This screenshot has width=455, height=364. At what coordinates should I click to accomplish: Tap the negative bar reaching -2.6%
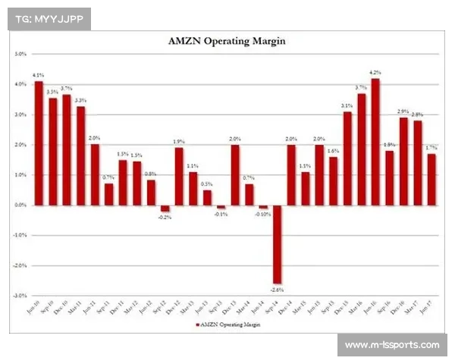pos(278,243)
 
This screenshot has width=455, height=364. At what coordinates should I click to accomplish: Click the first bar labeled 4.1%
pos(39,143)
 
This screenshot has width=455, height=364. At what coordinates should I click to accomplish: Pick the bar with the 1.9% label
pos(179,176)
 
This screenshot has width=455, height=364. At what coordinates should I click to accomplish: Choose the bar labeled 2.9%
pos(403,161)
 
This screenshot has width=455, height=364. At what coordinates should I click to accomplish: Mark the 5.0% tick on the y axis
pos(20,55)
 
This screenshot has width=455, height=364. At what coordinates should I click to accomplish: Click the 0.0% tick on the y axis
pos(20,205)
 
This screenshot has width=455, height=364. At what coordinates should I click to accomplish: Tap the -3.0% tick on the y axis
pos(20,295)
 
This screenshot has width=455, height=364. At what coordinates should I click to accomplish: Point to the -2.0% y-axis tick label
pos(20,265)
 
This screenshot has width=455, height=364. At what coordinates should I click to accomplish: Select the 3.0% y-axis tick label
pos(20,115)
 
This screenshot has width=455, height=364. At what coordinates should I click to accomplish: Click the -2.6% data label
pos(278,289)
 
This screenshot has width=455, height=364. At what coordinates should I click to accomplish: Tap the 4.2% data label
pos(375,73)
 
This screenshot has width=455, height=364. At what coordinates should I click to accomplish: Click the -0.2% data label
pos(165,217)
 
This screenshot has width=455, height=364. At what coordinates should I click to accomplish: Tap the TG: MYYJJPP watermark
pos(48,18)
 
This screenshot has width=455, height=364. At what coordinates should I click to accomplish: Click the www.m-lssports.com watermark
pos(391,345)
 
